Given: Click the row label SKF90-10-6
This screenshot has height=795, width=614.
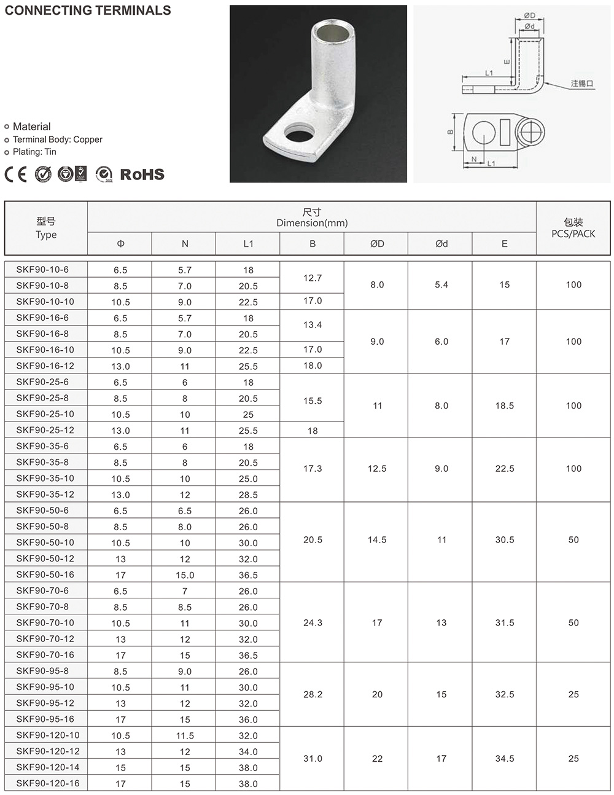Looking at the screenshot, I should tap(42, 269).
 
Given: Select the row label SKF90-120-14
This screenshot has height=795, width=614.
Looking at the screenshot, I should tap(47, 767).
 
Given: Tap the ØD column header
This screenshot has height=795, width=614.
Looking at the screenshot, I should tap(377, 244).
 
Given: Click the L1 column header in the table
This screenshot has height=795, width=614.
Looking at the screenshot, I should tap(248, 244).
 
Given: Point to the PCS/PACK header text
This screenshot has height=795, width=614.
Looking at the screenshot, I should tap(573, 234).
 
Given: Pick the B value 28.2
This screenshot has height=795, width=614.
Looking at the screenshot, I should tap(313, 694).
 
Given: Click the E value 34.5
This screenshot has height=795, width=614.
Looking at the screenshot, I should tap(504, 759).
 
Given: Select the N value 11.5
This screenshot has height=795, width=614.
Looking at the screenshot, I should tap(185, 735).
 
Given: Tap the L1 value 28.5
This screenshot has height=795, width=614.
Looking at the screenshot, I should tap(248, 495).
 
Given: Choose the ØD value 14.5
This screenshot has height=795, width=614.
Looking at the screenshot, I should tap(377, 540).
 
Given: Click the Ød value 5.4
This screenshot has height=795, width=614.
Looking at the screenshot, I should tap(441, 285).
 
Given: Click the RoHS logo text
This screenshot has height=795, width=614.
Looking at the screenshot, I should tap(142, 174).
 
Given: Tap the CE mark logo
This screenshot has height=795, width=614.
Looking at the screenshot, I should tap(16, 174).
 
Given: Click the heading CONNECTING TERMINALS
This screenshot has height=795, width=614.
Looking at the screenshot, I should tap(88, 10).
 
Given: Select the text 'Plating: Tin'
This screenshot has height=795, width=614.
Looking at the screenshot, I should tap(34, 152).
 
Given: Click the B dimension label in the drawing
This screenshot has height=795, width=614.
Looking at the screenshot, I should tap(450, 132).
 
